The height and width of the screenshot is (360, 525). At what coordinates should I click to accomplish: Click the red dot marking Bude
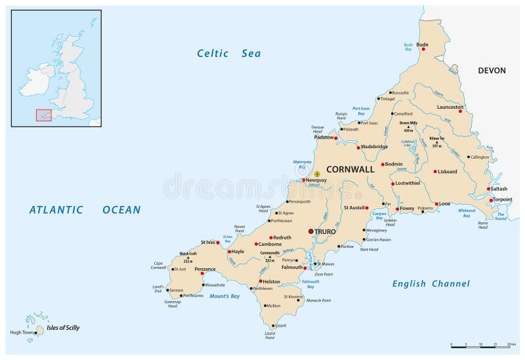click(x=423, y=50)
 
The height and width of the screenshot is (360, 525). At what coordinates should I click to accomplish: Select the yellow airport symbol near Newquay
click(x=317, y=174)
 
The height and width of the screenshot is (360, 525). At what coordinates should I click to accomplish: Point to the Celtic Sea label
click(x=228, y=54)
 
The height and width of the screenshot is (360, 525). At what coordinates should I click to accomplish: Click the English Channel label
click(x=430, y=284)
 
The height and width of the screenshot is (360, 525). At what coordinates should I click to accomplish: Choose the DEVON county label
click(x=492, y=70)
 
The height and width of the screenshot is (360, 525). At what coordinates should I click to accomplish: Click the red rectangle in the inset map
click(x=43, y=115)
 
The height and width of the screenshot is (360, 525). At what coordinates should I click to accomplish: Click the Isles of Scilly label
click(x=63, y=327)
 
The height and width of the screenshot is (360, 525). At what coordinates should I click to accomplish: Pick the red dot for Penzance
click(x=202, y=273)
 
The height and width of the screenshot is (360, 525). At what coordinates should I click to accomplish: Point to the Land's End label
click(x=159, y=289)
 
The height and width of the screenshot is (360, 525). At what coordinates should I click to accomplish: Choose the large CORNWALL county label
click(x=350, y=169)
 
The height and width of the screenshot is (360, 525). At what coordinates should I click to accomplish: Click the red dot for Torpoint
click(x=491, y=200)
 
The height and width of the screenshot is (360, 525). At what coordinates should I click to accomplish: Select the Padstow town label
click(x=324, y=138)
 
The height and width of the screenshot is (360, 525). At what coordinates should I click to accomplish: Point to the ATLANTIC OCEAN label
click(x=85, y=210)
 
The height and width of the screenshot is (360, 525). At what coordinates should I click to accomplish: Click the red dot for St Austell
click(x=367, y=208)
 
